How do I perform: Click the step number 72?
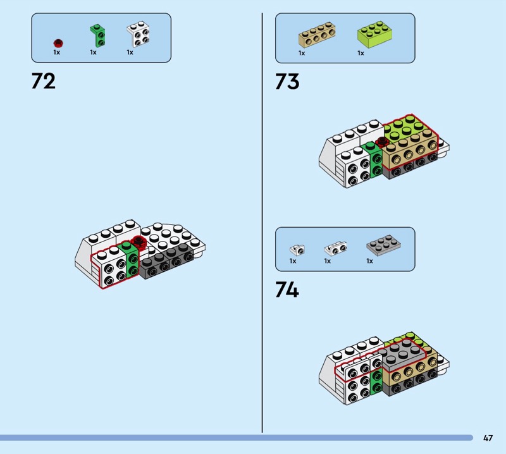[43, 82]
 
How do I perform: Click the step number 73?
[287, 82]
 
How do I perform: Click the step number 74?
[287, 290]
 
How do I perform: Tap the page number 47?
[488, 438]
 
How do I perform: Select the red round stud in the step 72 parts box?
[59, 43]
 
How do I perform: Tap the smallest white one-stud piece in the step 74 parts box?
[295, 249]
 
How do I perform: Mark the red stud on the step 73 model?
[382, 142]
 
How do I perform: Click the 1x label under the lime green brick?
[361, 54]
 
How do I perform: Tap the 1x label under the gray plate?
[369, 261]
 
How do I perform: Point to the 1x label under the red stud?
[56, 52]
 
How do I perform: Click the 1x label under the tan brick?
[302, 54]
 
